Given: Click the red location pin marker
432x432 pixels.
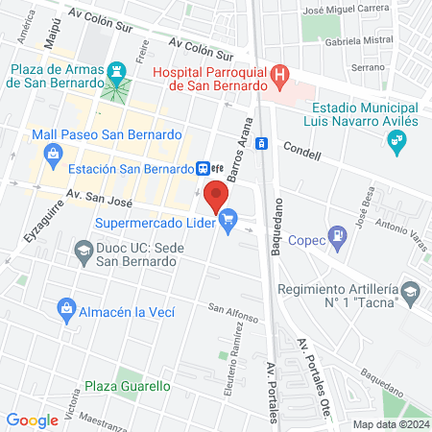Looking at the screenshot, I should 216,196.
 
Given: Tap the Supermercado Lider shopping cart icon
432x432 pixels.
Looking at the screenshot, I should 228,224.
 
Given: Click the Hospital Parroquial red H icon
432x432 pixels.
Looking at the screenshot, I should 279,73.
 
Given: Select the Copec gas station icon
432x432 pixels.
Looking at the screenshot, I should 337,234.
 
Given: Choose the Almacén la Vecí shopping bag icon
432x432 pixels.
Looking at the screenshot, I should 66,309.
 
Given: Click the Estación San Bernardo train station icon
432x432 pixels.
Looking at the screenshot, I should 204,168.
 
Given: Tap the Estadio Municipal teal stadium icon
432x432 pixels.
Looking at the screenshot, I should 395,144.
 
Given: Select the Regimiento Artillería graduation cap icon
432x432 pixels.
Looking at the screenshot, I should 411,291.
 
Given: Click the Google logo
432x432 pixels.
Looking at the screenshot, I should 32,420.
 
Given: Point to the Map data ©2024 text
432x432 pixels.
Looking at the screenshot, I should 390,423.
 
